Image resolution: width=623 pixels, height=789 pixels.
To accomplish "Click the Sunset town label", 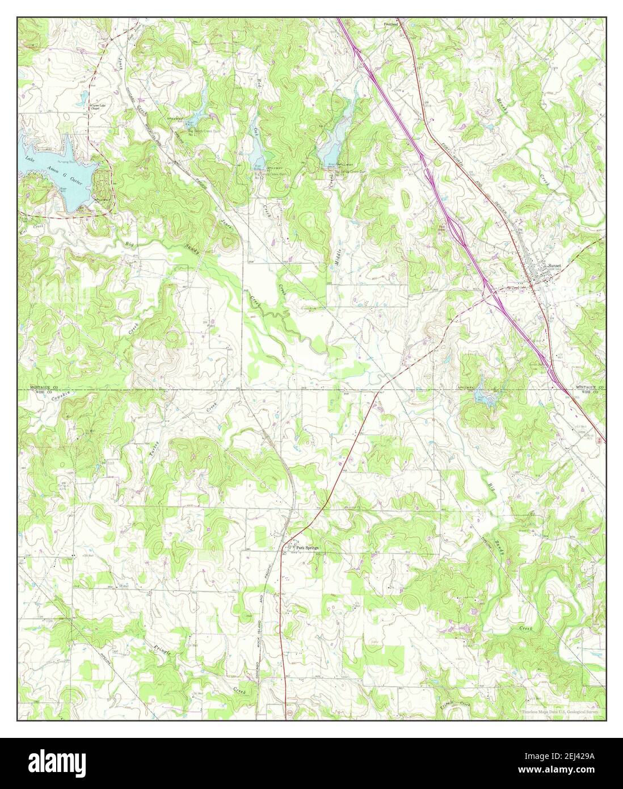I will pyautogui.click(x=553, y=266).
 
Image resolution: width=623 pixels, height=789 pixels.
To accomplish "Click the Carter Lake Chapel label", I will pyautogui.click(x=100, y=107).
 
